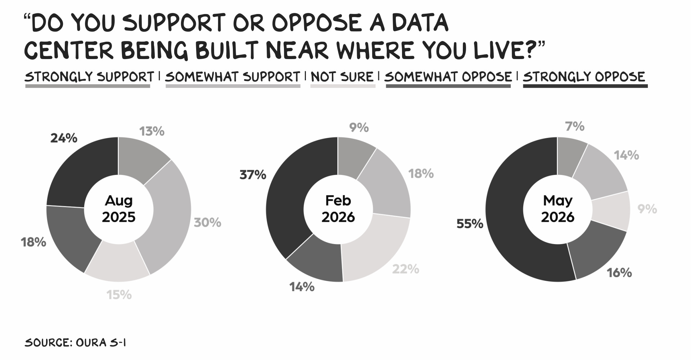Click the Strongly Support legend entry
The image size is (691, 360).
pyautogui.click(x=89, y=77)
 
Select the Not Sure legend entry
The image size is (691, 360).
pyautogui.click(x=342, y=77)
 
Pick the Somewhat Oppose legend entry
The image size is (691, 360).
pyautogui.click(x=448, y=77)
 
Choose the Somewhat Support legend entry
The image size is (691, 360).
pyautogui.click(x=232, y=77)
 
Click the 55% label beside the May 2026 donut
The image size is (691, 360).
pyautogui.click(x=470, y=224)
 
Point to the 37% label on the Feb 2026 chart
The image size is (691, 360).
pyautogui.click(x=253, y=175)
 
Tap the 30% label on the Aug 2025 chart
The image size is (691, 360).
pyautogui.click(x=208, y=222)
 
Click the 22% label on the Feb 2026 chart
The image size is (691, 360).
pyautogui.click(x=406, y=269)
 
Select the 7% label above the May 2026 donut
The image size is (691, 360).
pyautogui.click(x=575, y=126)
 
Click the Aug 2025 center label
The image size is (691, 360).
pyautogui.click(x=119, y=209)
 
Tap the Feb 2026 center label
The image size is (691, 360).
pyautogui.click(x=338, y=209)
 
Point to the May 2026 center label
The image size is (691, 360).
pyautogui.click(x=558, y=209)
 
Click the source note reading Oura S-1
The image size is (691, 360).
pyautogui.click(x=75, y=342)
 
